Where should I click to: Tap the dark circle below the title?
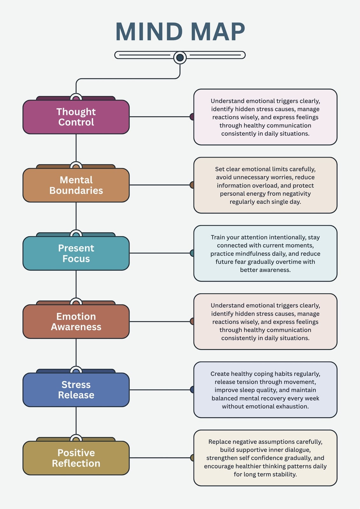tap(180, 58)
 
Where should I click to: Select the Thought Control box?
tap(76, 117)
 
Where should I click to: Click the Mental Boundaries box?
tap(76, 185)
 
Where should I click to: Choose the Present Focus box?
tap(76, 253)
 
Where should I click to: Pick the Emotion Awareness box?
tap(76, 322)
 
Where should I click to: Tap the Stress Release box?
tap(76, 390)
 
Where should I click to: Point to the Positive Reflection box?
tap(76, 458)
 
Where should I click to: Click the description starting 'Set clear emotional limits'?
tap(265, 185)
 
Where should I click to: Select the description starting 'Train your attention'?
tap(265, 253)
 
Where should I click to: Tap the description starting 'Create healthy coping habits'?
tap(265, 390)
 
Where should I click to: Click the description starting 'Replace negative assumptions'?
tap(265, 458)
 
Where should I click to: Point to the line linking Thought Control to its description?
tap(160, 117)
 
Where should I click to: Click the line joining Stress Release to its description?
tap(160, 390)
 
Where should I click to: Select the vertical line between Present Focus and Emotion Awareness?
tap(76, 284)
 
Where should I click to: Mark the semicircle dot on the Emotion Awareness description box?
tap(192, 321)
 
